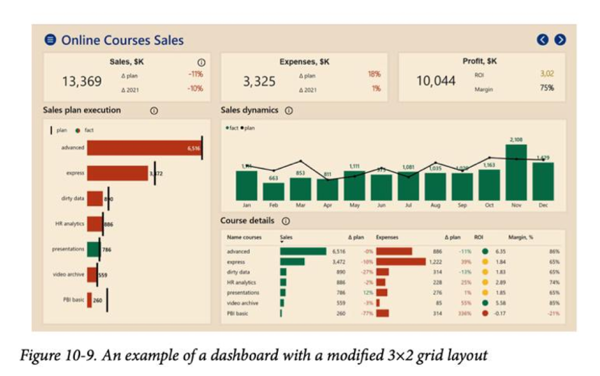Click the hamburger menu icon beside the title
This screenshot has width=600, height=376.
(50, 40)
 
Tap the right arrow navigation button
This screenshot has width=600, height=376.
(560, 40)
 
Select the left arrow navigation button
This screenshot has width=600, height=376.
(542, 40)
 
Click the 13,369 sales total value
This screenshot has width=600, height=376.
(82, 81)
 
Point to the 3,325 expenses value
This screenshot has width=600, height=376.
(259, 81)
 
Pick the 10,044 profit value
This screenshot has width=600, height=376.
(436, 81)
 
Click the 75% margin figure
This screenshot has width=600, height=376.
(547, 88)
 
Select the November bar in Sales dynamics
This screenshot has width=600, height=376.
(516, 172)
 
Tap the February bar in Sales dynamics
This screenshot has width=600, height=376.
(274, 191)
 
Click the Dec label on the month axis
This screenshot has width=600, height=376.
(543, 205)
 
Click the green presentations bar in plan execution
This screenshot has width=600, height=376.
(93, 249)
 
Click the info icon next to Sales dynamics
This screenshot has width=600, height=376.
(288, 111)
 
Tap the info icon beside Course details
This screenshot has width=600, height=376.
(286, 221)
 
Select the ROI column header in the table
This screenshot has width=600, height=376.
(479, 238)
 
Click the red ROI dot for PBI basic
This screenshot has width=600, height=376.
(485, 313)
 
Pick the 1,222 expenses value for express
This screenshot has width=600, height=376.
(435, 262)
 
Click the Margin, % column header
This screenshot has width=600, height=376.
(520, 238)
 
